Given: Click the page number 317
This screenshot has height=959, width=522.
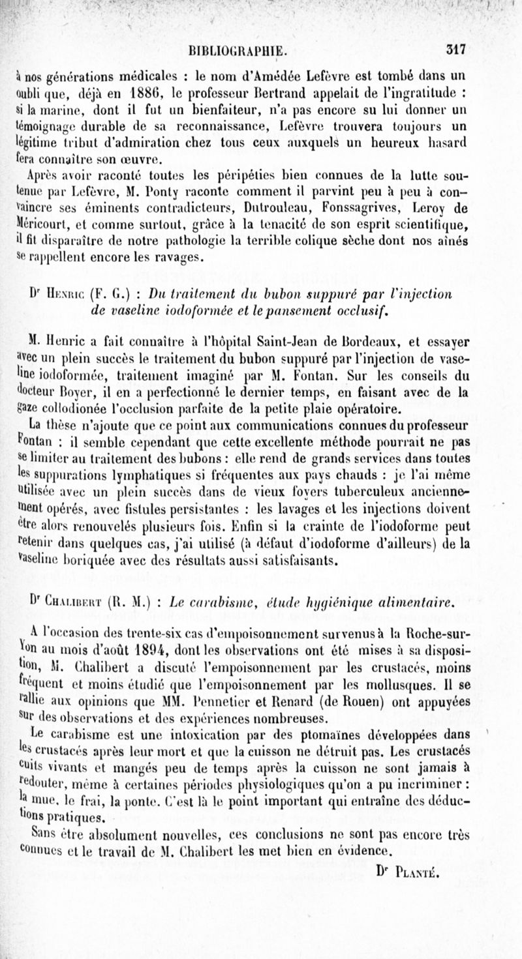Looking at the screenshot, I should [x=455, y=49].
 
